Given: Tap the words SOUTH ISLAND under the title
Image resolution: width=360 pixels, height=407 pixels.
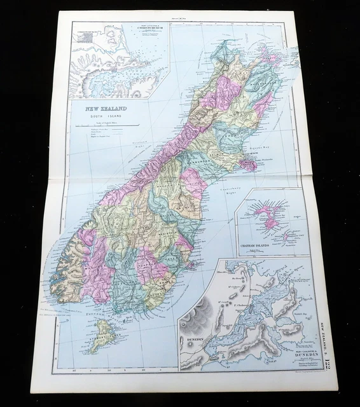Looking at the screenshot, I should [x=103, y=116].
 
